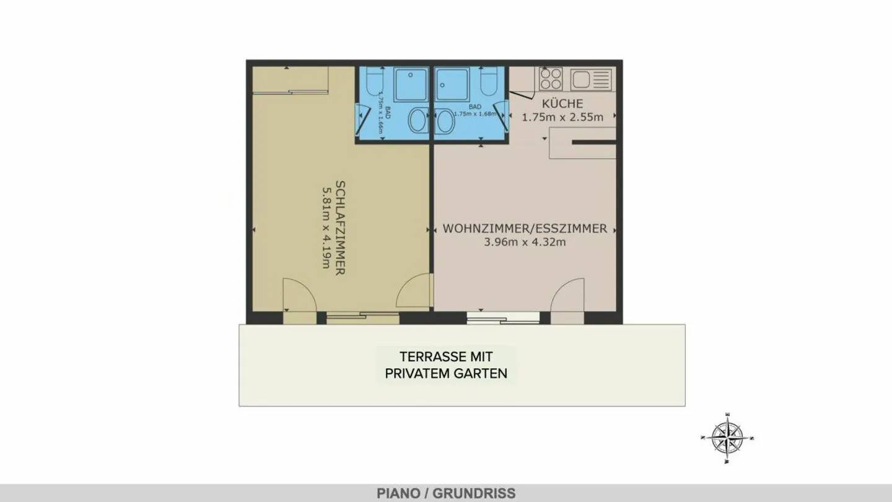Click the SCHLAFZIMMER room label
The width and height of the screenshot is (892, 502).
tap(340, 227)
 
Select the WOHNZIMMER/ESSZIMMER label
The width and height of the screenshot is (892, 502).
tap(525, 229)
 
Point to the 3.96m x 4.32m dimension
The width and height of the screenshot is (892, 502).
tap(525, 242)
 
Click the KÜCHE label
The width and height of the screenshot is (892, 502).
tap(562, 103)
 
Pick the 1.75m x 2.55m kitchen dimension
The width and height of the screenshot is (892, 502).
tap(562, 117)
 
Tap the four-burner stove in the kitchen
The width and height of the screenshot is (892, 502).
tap(550, 79)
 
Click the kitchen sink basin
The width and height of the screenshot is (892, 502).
tap(582, 79)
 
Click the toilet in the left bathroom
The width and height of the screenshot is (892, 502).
tap(374, 84)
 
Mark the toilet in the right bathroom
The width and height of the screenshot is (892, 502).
tap(488, 84)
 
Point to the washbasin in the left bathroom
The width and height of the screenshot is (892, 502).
tap(418, 120)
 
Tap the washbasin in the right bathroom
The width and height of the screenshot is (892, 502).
tap(444, 120)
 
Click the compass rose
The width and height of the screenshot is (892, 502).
tap(727, 438)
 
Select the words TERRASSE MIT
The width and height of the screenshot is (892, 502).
tap(446, 357)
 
